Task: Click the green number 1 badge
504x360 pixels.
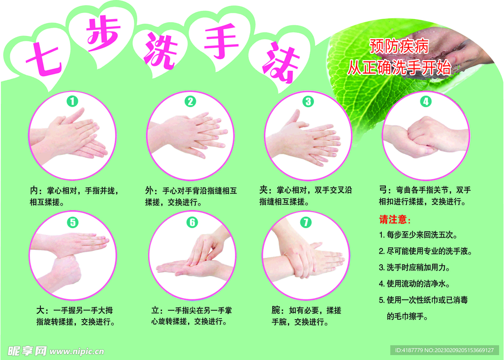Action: click(72, 101)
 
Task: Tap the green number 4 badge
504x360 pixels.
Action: click(425, 101)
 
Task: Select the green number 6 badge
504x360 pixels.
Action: click(191, 222)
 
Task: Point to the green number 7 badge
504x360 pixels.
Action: click(306, 222)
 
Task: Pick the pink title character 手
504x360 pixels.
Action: click(221, 43)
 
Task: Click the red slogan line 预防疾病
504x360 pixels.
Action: click(399, 47)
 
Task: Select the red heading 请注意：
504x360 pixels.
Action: click(395, 219)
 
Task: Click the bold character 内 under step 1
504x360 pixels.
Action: click(34, 190)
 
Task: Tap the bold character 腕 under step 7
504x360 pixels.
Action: click(277, 310)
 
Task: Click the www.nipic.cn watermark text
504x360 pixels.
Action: click(77, 351)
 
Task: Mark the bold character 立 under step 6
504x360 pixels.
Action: click(156, 310)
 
